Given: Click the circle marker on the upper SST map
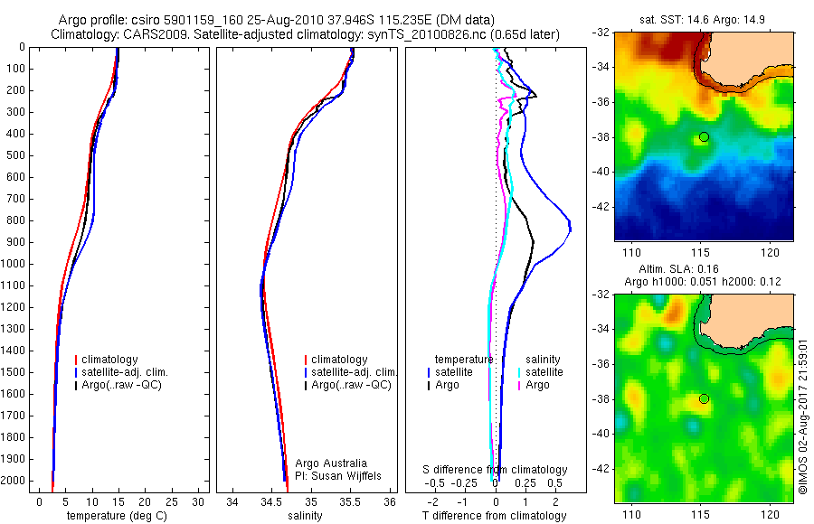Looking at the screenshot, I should [x=704, y=137].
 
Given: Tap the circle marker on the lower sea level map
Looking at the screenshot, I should [x=704, y=399].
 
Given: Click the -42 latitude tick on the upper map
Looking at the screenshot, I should [x=601, y=206].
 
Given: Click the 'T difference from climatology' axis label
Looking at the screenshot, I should [x=494, y=516].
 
